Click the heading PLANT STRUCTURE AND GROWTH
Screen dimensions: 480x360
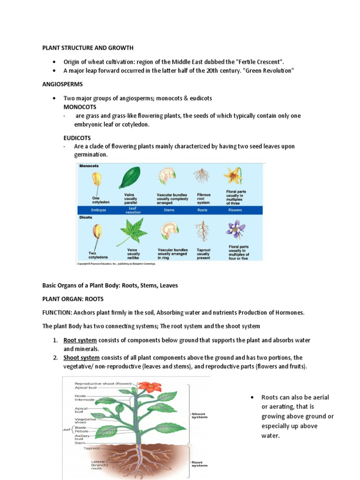pos(88,48)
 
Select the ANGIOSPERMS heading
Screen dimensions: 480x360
pos(62,84)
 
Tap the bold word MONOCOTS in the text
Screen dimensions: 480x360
pos(80,107)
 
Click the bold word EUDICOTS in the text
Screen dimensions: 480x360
pos(78,138)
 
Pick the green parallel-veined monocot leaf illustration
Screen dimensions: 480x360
pos(130,178)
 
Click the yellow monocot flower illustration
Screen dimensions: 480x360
pos(233,175)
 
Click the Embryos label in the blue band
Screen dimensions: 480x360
pos(98,210)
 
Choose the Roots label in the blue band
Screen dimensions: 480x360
pos(202,210)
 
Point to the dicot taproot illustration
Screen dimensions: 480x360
pos(202,231)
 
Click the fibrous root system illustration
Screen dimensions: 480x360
pos(202,176)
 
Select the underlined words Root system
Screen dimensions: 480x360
pos(80,340)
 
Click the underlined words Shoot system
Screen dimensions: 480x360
pos(82,358)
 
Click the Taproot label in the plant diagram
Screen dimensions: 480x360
pos(91,448)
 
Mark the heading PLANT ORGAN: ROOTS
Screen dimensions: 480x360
pos(73,299)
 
